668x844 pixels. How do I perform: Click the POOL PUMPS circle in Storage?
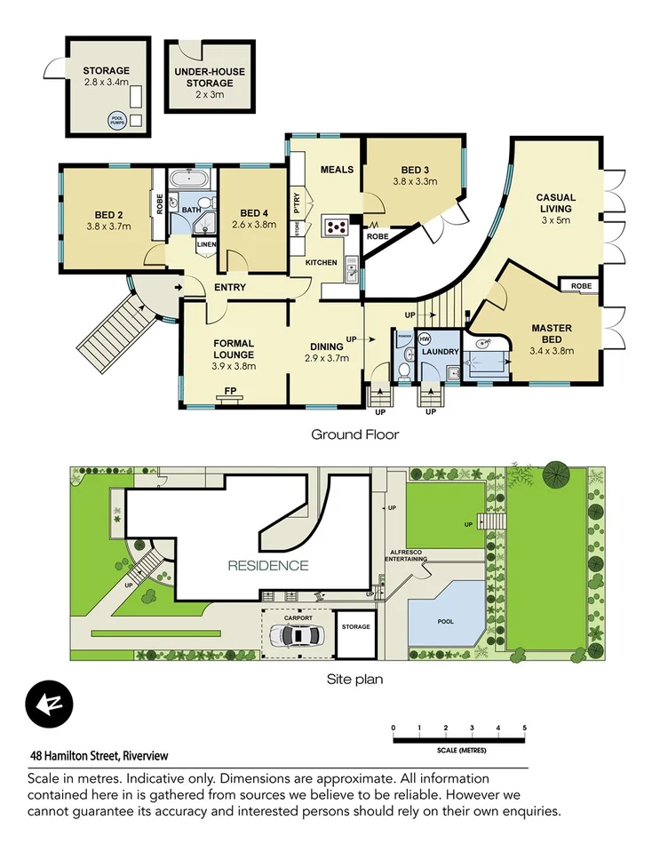tap(116, 121)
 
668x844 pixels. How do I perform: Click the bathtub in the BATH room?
tap(192, 179)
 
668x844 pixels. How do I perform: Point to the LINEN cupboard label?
tap(206, 244)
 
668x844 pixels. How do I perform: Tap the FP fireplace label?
tap(229, 391)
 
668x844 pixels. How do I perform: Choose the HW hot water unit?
tap(425, 339)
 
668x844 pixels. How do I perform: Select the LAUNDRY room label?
tap(441, 352)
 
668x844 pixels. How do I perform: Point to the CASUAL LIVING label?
tap(555, 203)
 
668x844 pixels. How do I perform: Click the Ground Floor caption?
tap(354, 434)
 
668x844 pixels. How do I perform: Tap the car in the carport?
tap(298, 635)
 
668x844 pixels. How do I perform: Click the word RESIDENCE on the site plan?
tap(267, 565)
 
